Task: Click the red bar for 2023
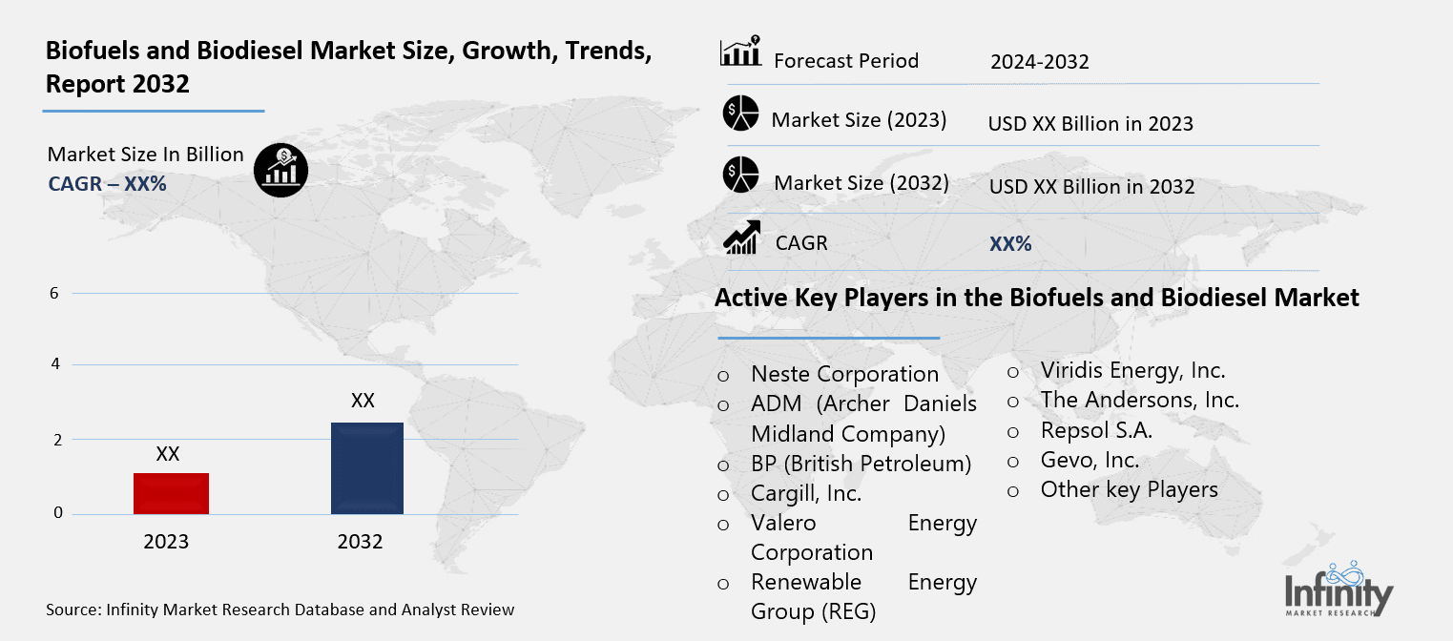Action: (171, 493)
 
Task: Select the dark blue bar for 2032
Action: (367, 467)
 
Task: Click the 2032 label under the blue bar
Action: (360, 542)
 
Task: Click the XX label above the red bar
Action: (168, 454)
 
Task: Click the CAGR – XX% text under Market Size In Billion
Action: (107, 183)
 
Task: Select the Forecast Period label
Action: (845, 61)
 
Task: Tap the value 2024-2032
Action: (1039, 63)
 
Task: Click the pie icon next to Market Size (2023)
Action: (739, 113)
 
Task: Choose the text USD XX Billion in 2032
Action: (1091, 187)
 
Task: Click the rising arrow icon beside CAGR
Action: (740, 238)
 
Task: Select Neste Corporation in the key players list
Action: (844, 374)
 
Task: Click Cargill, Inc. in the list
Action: (806, 494)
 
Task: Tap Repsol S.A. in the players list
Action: (1096, 430)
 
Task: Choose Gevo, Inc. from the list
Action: (1090, 460)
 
